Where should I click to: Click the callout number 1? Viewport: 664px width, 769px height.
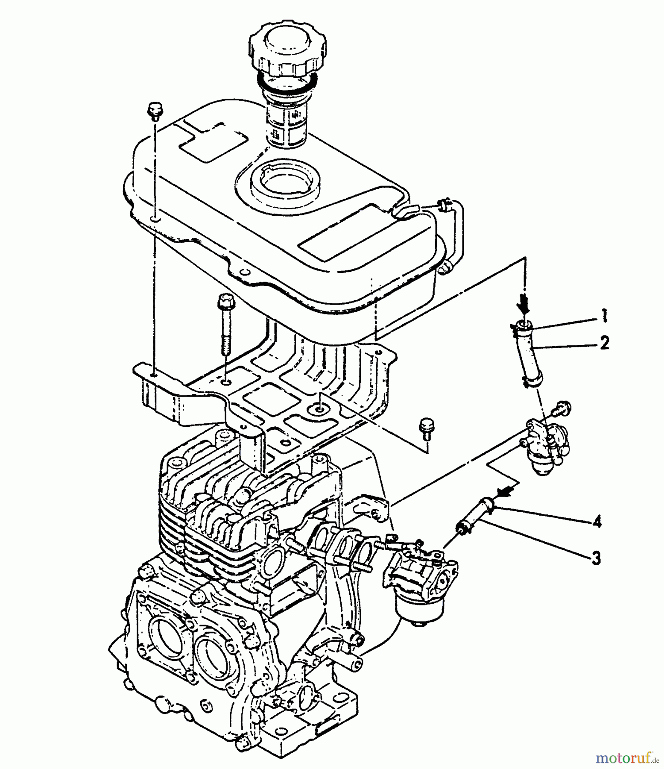[604, 317]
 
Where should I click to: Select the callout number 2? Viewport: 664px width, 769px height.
[604, 343]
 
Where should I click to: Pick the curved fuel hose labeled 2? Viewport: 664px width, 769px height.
[529, 354]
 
